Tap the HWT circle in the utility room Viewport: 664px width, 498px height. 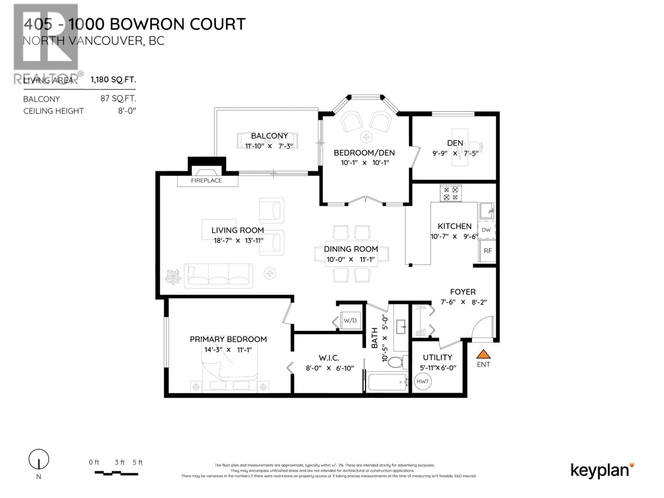[422, 381]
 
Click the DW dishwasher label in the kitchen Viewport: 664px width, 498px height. [486, 230]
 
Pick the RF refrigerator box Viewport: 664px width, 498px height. [487, 251]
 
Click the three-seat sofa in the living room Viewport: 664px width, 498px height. [218, 276]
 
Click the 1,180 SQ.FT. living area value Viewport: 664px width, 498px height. [113, 80]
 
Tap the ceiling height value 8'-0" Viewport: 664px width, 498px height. [127, 111]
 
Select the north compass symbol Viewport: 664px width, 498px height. [39, 459]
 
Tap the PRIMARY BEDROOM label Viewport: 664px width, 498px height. [228, 339]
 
